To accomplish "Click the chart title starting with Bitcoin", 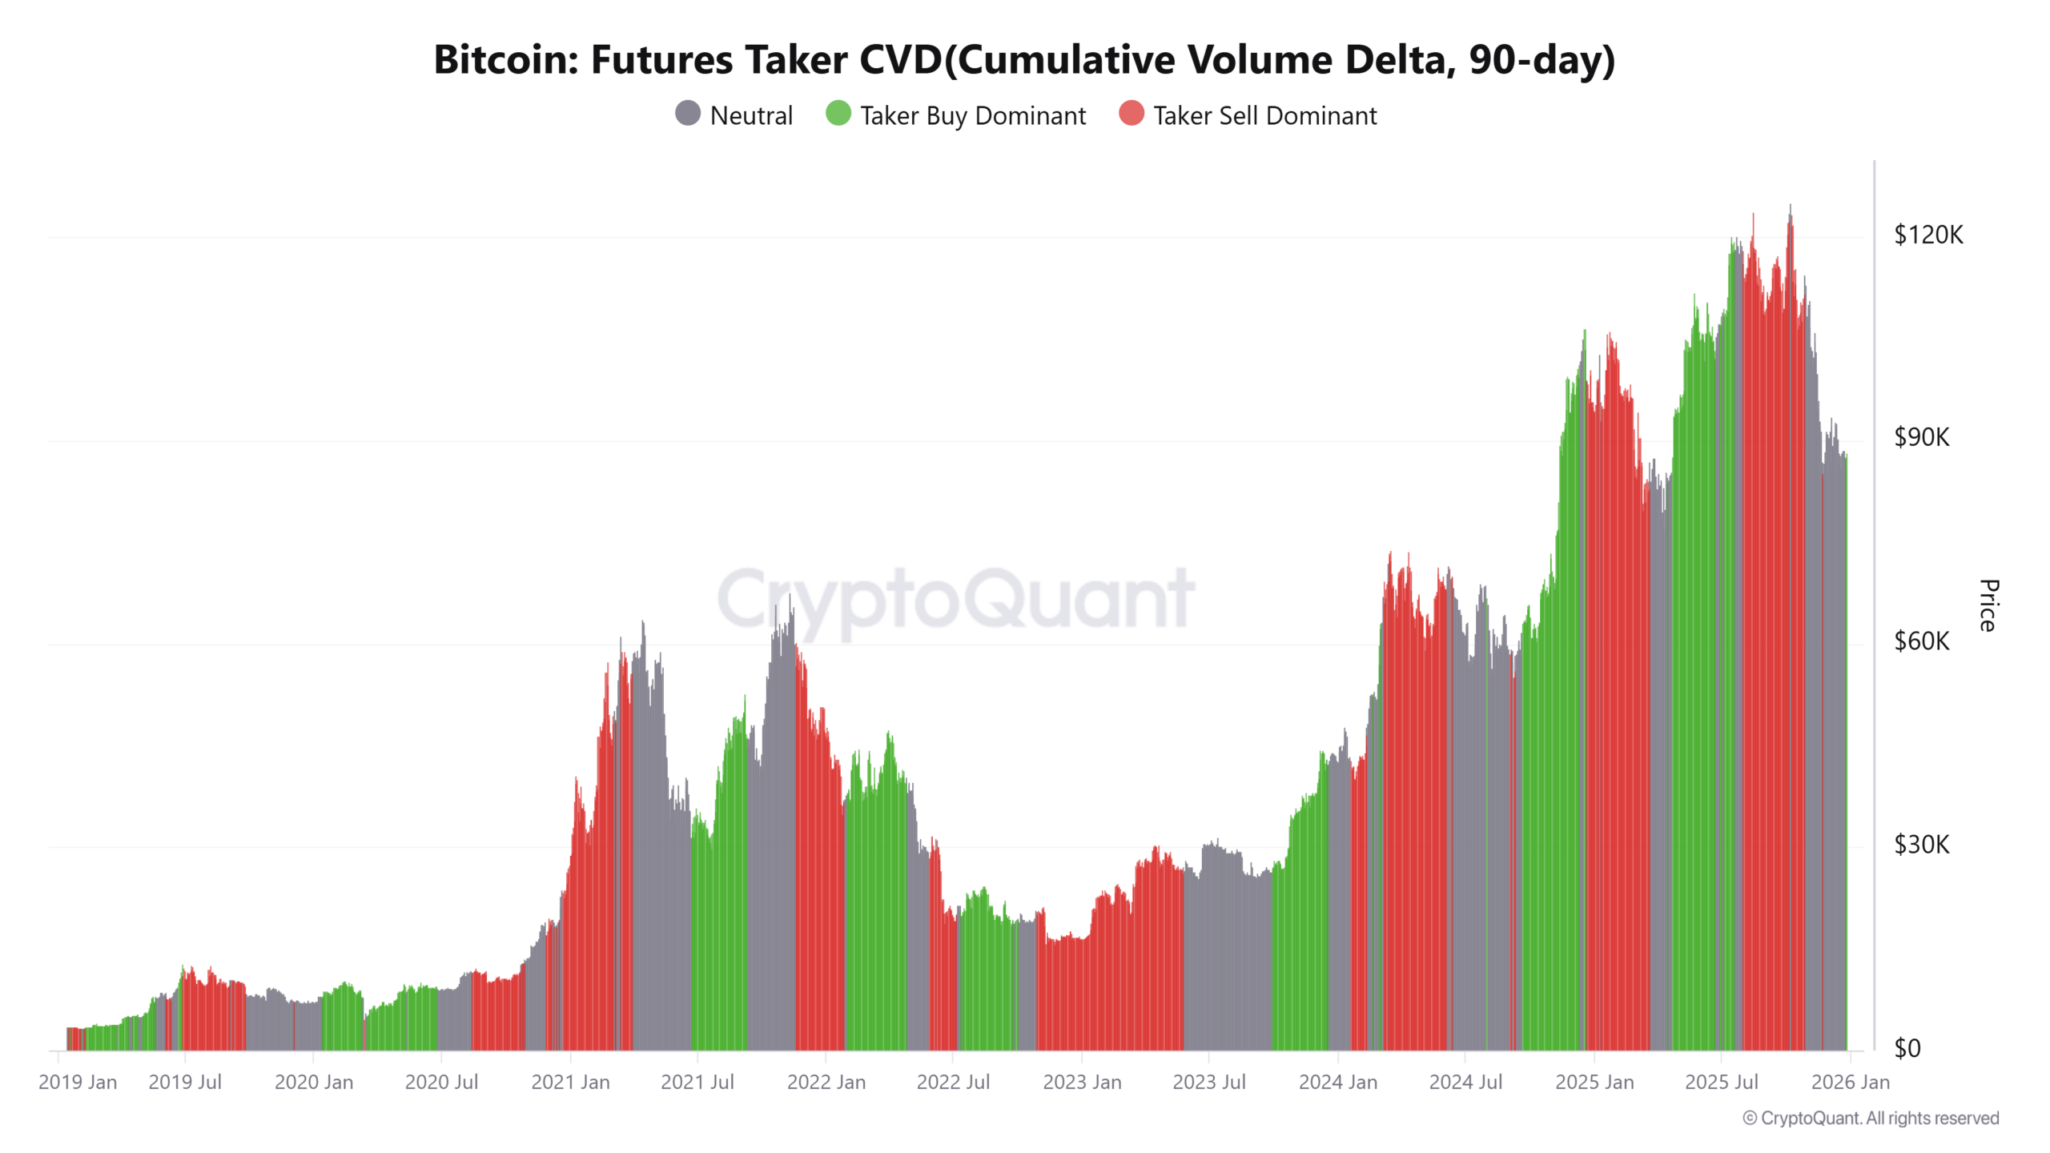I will tap(1024, 59).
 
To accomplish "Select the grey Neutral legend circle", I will tap(688, 114).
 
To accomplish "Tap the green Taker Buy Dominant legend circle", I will tap(838, 114).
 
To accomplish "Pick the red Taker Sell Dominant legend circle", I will tap(1131, 114).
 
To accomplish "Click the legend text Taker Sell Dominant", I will tap(1264, 116).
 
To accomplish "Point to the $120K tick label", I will tap(1927, 235).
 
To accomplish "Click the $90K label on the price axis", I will tap(1921, 437).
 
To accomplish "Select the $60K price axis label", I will tap(1921, 641).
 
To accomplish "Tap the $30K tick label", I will tap(1921, 844).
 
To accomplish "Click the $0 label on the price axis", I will tap(1907, 1048).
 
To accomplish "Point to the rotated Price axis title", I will tap(1988, 605).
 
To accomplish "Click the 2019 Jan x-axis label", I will tap(78, 1083).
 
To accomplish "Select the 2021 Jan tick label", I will tap(570, 1083).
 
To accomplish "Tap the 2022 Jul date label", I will tap(953, 1083).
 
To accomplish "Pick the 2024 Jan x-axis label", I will tap(1337, 1083).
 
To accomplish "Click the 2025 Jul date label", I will tap(1721, 1083).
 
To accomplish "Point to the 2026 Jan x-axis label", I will tap(1850, 1083).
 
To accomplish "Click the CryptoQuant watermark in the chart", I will tap(956, 599).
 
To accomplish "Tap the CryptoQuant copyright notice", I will tap(1870, 1118).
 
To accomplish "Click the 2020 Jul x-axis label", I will tap(441, 1083).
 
